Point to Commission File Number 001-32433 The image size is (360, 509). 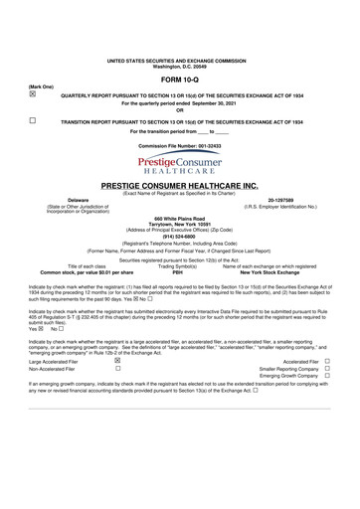point(179,145)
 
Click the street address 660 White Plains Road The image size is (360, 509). point(179,218)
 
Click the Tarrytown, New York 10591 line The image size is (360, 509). point(179,224)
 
